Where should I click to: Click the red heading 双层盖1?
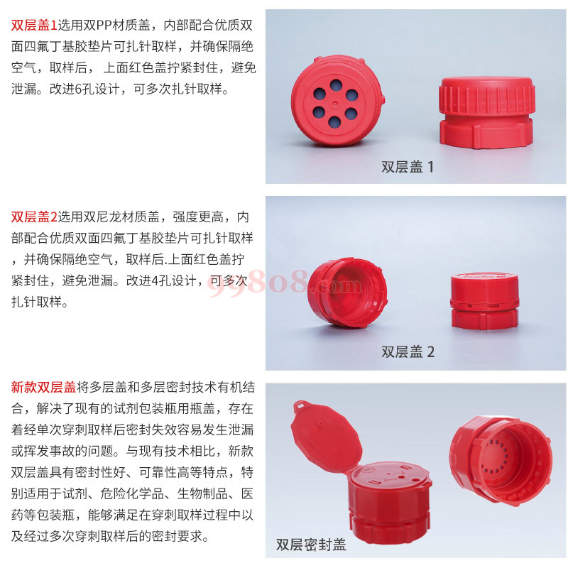(34, 26)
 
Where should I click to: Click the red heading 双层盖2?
(34, 217)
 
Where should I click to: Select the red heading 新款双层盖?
(43, 387)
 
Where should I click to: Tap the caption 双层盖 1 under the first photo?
(407, 167)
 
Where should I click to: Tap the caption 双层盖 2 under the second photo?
(408, 351)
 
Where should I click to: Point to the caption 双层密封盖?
(311, 545)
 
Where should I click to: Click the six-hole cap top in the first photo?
(337, 101)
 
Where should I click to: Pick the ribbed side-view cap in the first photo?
(487, 112)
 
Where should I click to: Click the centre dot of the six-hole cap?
(334, 104)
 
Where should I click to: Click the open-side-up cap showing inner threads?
(347, 293)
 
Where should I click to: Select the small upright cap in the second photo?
(485, 301)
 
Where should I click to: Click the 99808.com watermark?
(285, 283)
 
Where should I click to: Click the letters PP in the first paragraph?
(104, 26)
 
